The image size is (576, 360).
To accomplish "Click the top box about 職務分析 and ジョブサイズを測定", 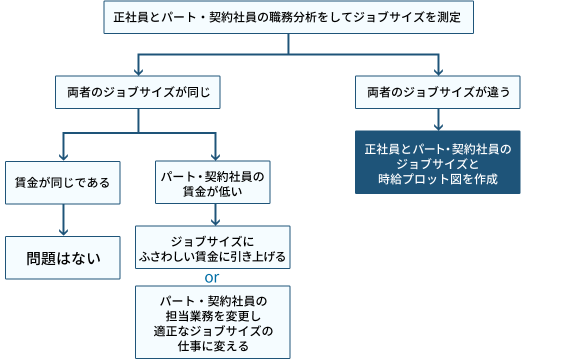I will click(x=288, y=17).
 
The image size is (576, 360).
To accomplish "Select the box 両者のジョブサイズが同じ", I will click(x=137, y=92).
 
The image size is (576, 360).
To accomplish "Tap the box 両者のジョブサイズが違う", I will click(x=437, y=92).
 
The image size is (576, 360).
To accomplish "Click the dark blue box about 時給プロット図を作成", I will click(x=437, y=162).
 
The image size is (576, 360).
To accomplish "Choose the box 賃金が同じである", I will click(x=62, y=182).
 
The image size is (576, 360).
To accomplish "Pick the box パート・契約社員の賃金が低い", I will click(x=212, y=182).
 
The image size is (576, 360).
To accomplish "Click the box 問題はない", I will click(x=62, y=258).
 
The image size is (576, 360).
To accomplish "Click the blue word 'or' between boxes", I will click(x=212, y=277).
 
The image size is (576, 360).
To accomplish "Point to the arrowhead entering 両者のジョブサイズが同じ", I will click(x=138, y=71).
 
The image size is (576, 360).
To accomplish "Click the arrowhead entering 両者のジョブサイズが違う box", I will click(x=438, y=71).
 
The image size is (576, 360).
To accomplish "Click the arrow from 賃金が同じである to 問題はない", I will click(x=63, y=220).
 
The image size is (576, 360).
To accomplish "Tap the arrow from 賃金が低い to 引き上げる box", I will click(x=215, y=214).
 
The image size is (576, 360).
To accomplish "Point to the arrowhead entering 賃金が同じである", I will click(x=63, y=156).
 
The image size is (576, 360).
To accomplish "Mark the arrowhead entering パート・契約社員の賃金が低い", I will click(x=215, y=156).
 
